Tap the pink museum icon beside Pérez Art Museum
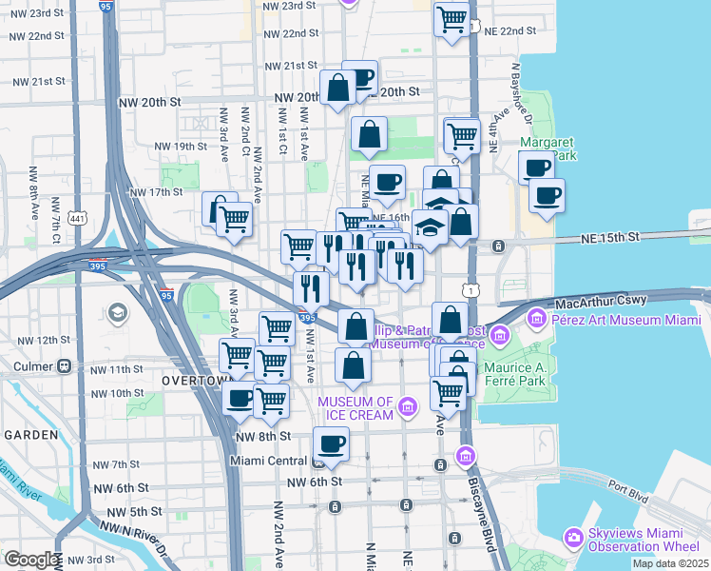pyautogui.click(x=538, y=317)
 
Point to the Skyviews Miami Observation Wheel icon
pyautogui.click(x=573, y=538)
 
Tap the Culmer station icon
pyautogui.click(x=65, y=365)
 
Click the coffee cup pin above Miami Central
pyautogui.click(x=332, y=443)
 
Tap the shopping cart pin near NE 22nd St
pyautogui.click(x=452, y=18)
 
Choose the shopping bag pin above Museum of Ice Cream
pyautogui.click(x=353, y=364)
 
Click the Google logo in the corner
pyautogui.click(x=30, y=560)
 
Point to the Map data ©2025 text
pyautogui.click(x=669, y=563)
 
